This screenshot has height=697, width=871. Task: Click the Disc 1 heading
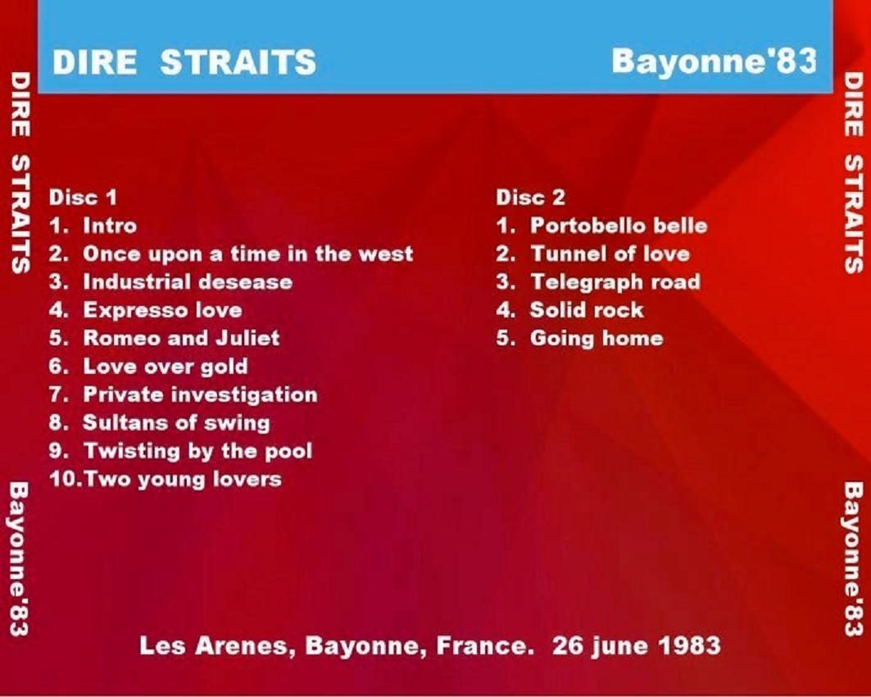tap(84, 198)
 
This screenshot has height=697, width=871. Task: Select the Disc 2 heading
tap(530, 198)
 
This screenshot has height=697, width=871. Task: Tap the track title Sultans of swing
tap(177, 423)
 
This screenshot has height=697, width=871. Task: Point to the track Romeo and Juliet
tap(181, 338)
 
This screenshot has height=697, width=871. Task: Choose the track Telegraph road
tap(615, 282)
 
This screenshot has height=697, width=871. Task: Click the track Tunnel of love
tap(610, 254)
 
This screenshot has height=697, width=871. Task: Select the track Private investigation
tap(201, 394)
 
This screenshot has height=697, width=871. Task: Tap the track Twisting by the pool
tap(197, 451)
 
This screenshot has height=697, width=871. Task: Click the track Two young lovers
tap(182, 479)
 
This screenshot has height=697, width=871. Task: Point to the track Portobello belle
tap(619, 225)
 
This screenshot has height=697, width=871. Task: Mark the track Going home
tap(597, 339)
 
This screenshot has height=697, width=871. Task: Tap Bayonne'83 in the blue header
tap(714, 61)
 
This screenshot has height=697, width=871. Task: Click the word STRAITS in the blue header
tap(238, 61)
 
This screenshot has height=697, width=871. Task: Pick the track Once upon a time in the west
tap(248, 254)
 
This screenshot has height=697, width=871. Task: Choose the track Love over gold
tap(166, 367)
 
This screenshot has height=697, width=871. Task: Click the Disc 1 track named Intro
tap(110, 225)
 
